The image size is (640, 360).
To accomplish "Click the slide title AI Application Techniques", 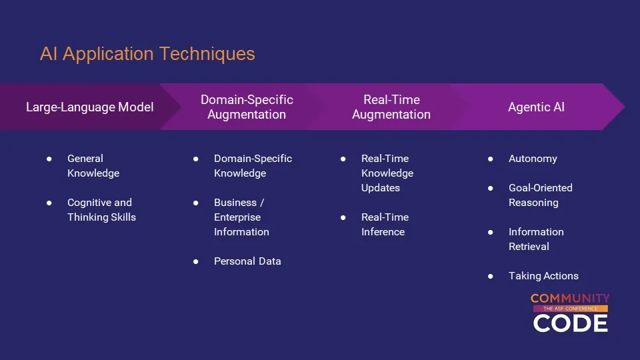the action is point(147,54).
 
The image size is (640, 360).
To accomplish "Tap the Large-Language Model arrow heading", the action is point(90,107).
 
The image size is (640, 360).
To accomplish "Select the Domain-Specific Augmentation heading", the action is point(247,107).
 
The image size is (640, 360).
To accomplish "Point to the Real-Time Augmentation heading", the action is point(391,107).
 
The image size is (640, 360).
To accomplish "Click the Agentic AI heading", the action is point(536,107).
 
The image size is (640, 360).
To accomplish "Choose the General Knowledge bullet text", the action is point(93,166).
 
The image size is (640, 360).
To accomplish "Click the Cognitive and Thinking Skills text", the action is point(101,210).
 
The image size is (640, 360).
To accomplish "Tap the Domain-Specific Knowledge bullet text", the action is point(253,166).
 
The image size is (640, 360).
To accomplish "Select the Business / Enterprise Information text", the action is point(241,217).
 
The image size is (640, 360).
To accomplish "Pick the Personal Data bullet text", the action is point(247,261).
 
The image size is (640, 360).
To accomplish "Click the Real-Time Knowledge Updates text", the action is point(387,173).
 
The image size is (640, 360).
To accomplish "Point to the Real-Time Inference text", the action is point(385,225).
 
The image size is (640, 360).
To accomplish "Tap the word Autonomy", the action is point(533,159).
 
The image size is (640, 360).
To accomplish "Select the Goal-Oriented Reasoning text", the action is point(541,195).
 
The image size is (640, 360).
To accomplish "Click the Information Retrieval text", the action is point(536,239).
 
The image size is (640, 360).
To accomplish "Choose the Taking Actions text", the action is point(543,276).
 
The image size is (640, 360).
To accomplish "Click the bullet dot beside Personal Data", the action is point(196,261).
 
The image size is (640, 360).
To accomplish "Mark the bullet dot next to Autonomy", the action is point(490,159).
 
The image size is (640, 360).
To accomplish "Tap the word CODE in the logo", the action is point(570,323).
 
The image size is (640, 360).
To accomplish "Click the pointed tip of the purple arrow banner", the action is point(625,107).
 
